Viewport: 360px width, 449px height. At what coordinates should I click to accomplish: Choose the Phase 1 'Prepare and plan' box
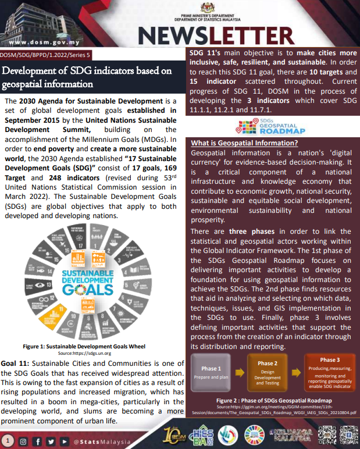pyautogui.click(x=211, y=373)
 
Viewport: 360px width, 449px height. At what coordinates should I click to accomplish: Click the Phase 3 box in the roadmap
pyautogui.click(x=330, y=372)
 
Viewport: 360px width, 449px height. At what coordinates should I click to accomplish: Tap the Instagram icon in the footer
pyautogui.click(x=23, y=441)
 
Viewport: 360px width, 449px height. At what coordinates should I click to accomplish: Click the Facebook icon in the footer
pyautogui.click(x=37, y=441)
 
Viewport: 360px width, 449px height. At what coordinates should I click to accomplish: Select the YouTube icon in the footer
pyautogui.click(x=64, y=441)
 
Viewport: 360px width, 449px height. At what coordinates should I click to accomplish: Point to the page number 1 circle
pyautogui.click(x=7, y=441)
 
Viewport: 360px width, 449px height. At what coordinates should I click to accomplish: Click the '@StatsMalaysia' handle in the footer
pyautogui.click(x=102, y=442)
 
